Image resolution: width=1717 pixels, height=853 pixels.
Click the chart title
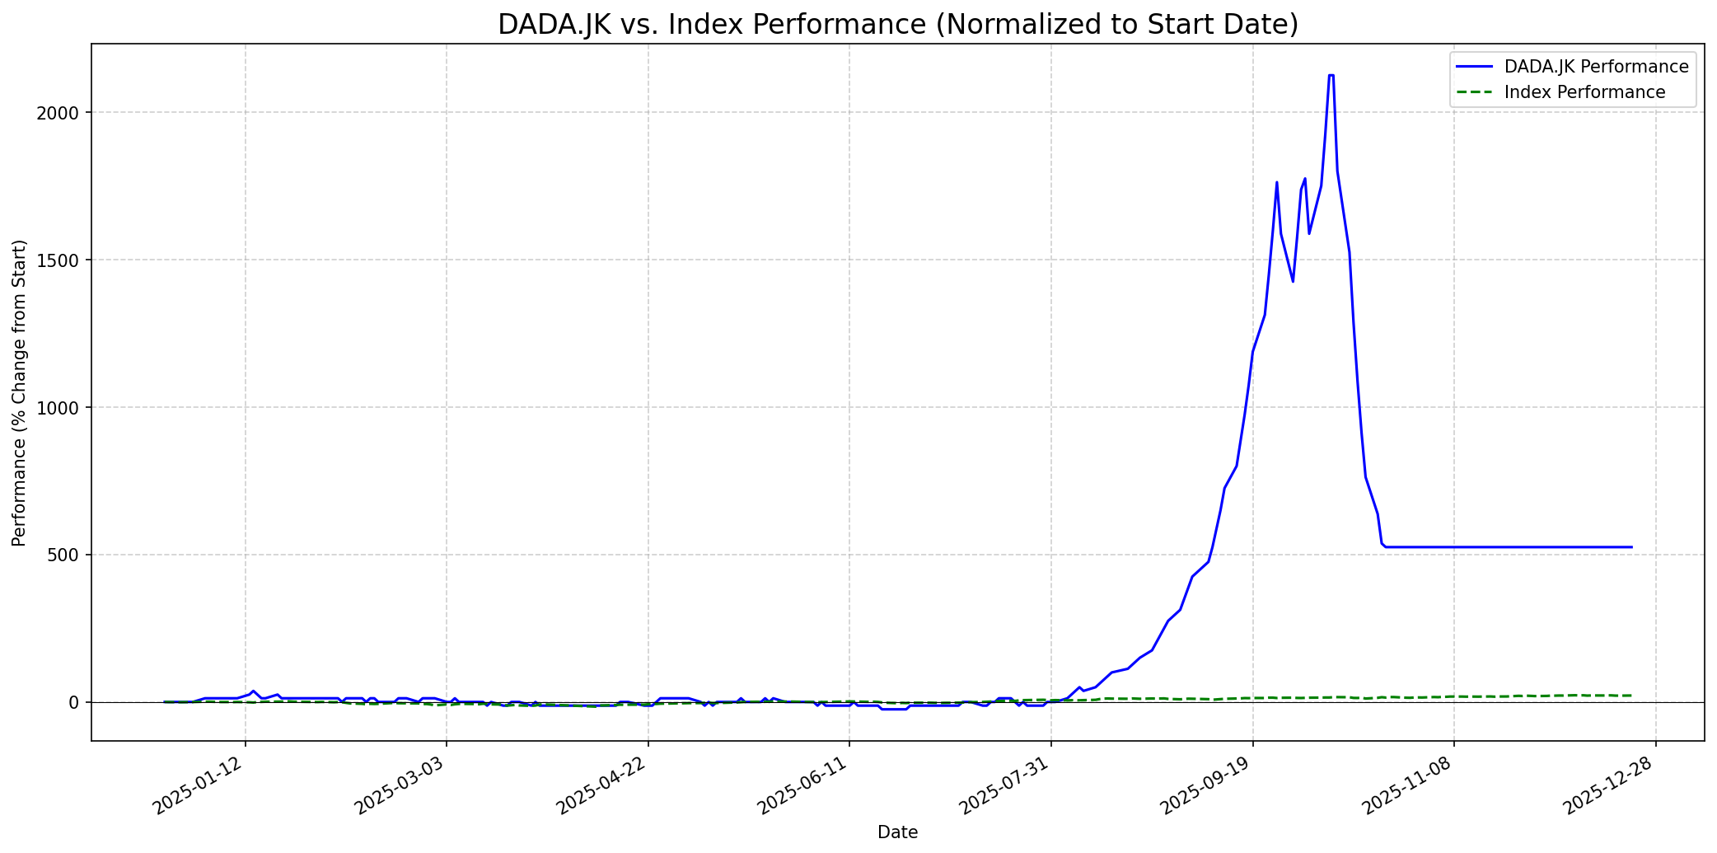coord(897,25)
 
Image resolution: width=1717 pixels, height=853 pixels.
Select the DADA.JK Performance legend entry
coord(1596,67)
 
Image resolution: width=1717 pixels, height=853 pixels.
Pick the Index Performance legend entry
coord(1584,92)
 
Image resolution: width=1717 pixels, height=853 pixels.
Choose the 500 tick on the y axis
coord(68,555)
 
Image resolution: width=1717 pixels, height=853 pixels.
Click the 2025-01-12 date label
coord(200,787)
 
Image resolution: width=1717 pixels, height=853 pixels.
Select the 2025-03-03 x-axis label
coord(401,787)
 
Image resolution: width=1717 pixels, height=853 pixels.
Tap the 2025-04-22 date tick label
coord(603,787)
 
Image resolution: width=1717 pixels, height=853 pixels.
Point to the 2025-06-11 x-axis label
coord(804,787)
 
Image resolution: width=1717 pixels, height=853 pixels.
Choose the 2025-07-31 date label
coord(1006,787)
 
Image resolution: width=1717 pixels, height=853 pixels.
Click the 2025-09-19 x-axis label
coord(1207,787)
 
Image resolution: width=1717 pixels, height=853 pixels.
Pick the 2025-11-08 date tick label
coord(1409,787)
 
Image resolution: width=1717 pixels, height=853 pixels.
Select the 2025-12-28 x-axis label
coord(1610,787)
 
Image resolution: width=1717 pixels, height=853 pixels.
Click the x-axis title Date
coord(897,833)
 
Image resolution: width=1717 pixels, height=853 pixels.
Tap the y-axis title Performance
coord(20,392)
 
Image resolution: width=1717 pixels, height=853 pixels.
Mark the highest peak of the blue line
coord(1331,75)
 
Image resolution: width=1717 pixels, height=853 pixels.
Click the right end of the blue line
coord(1631,547)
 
